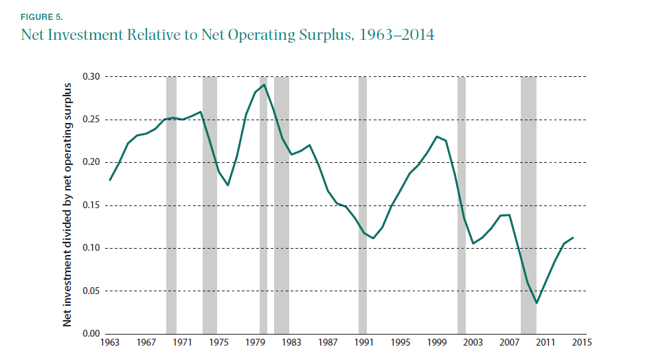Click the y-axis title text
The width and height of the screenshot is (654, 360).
click(x=68, y=204)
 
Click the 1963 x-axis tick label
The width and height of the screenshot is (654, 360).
click(x=109, y=343)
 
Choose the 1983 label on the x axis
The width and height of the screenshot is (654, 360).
click(x=291, y=343)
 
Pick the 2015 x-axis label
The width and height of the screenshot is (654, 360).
click(x=582, y=343)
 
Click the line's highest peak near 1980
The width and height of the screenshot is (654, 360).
click(x=264, y=85)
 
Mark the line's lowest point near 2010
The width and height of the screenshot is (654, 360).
click(x=537, y=303)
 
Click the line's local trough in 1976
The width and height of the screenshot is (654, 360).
click(x=228, y=185)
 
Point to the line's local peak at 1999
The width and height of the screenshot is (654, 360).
click(x=437, y=136)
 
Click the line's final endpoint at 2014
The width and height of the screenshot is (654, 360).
click(x=573, y=238)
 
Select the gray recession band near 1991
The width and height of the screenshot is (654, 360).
click(x=363, y=206)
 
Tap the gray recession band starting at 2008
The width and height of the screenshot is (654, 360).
click(x=528, y=206)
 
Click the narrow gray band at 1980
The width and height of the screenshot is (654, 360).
click(x=263, y=206)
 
